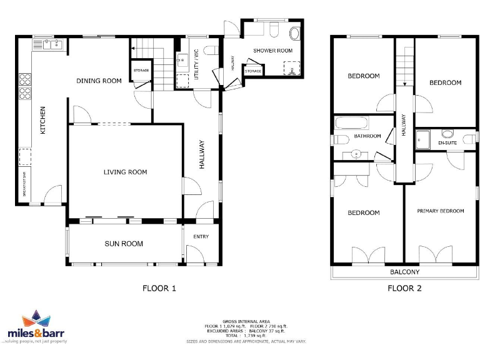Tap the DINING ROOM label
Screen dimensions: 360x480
pyautogui.click(x=99, y=81)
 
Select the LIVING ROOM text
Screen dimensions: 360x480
pyautogui.click(x=125, y=172)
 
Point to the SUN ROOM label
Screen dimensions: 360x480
pyautogui.click(x=124, y=244)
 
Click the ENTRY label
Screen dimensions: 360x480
pyautogui.click(x=201, y=236)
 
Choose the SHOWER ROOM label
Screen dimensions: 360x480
pyautogui.click(x=272, y=51)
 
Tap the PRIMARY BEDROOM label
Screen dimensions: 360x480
pyautogui.click(x=441, y=211)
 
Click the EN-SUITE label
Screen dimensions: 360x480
pyautogui.click(x=447, y=143)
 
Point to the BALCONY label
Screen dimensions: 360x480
pyautogui.click(x=405, y=272)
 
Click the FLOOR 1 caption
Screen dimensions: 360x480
pyautogui.click(x=159, y=288)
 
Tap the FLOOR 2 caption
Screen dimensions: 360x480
pyautogui.click(x=404, y=288)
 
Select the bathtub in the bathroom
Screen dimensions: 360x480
pyautogui.click(x=353, y=122)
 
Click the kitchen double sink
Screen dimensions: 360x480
pyautogui.click(x=49, y=44)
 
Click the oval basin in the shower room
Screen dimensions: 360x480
pyautogui.click(x=294, y=33)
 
